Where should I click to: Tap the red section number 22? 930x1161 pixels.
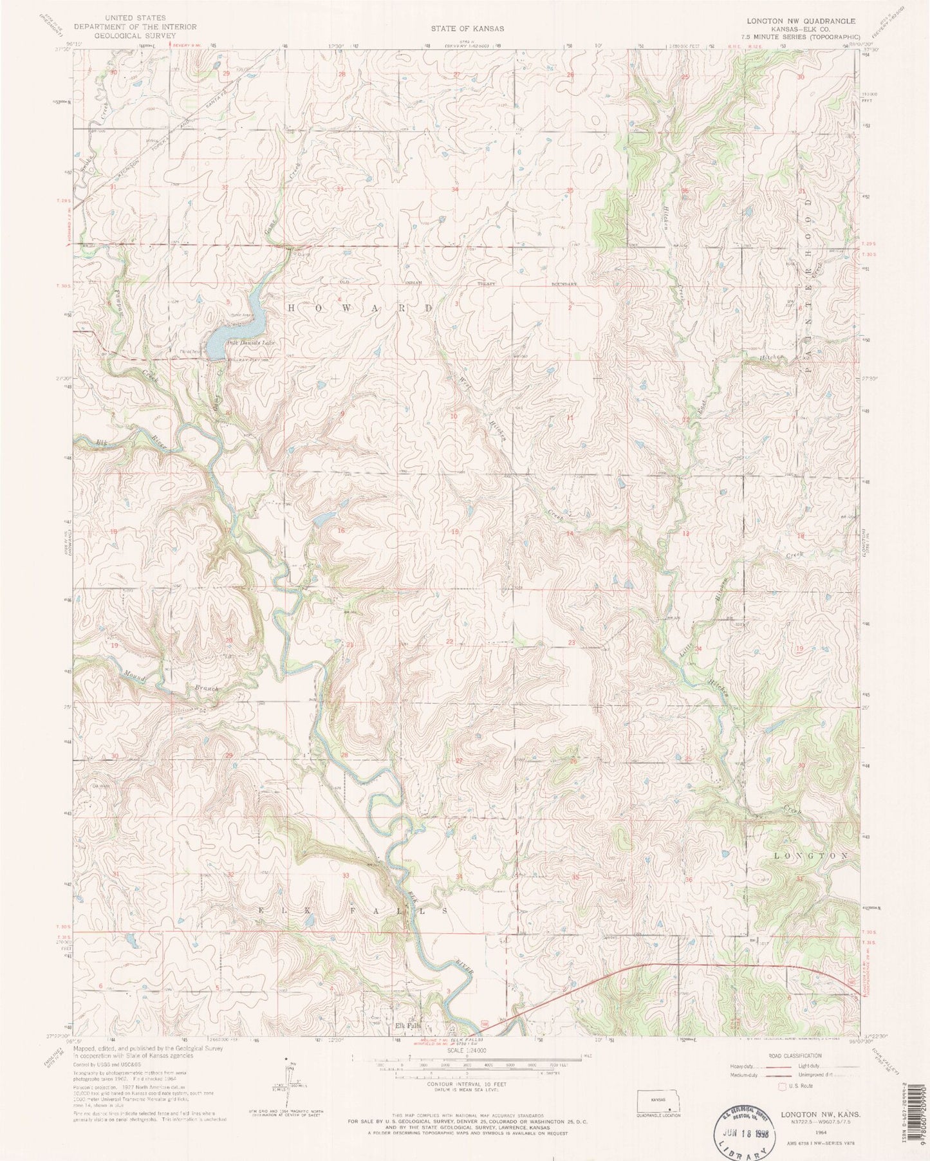pos(450,642)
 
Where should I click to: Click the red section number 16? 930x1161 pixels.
pos(342,530)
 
